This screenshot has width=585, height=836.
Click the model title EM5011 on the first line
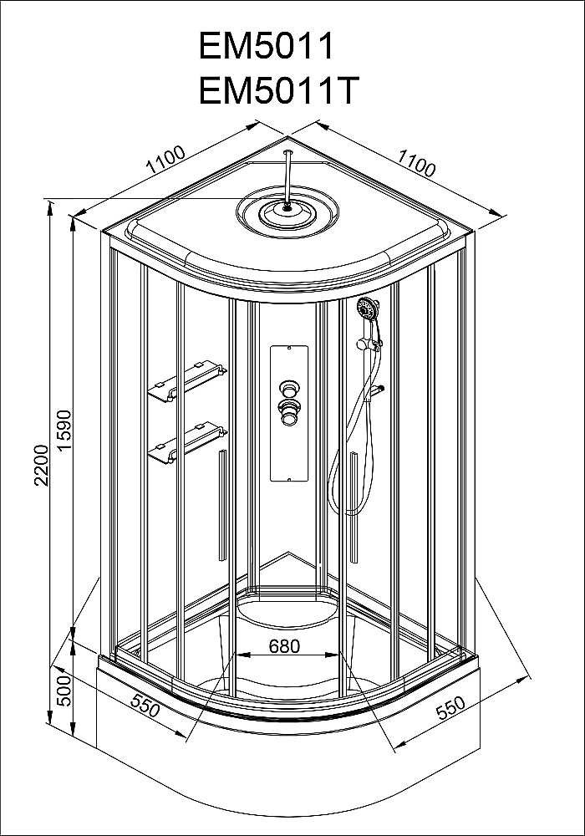(266, 46)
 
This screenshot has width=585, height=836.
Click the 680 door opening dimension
(285, 646)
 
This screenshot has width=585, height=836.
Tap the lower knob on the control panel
(289, 411)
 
